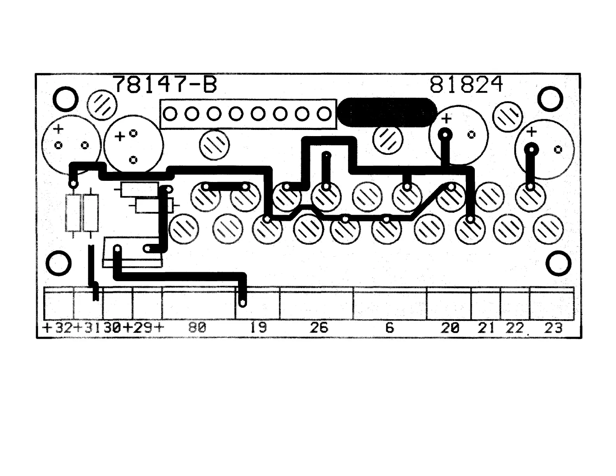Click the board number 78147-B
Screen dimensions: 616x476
[165, 84]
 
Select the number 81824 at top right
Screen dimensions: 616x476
[466, 84]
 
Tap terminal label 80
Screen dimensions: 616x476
[197, 328]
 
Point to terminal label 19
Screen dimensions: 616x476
[258, 328]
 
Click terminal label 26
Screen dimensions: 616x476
[319, 328]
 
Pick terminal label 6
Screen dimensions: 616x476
[389, 328]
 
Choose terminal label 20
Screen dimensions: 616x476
[450, 328]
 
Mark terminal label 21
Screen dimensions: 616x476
[486, 328]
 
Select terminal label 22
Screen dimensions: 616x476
[514, 328]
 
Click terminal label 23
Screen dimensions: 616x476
[553, 328]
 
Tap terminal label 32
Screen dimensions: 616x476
[63, 328]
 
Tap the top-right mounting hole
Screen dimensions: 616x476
[550, 100]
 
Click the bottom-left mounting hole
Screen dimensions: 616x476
[58, 263]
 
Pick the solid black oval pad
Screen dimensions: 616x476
[387, 112]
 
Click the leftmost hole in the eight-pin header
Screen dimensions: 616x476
[170, 114]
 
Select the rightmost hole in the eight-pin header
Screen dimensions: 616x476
[324, 114]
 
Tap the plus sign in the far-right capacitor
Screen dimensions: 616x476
[531, 132]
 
